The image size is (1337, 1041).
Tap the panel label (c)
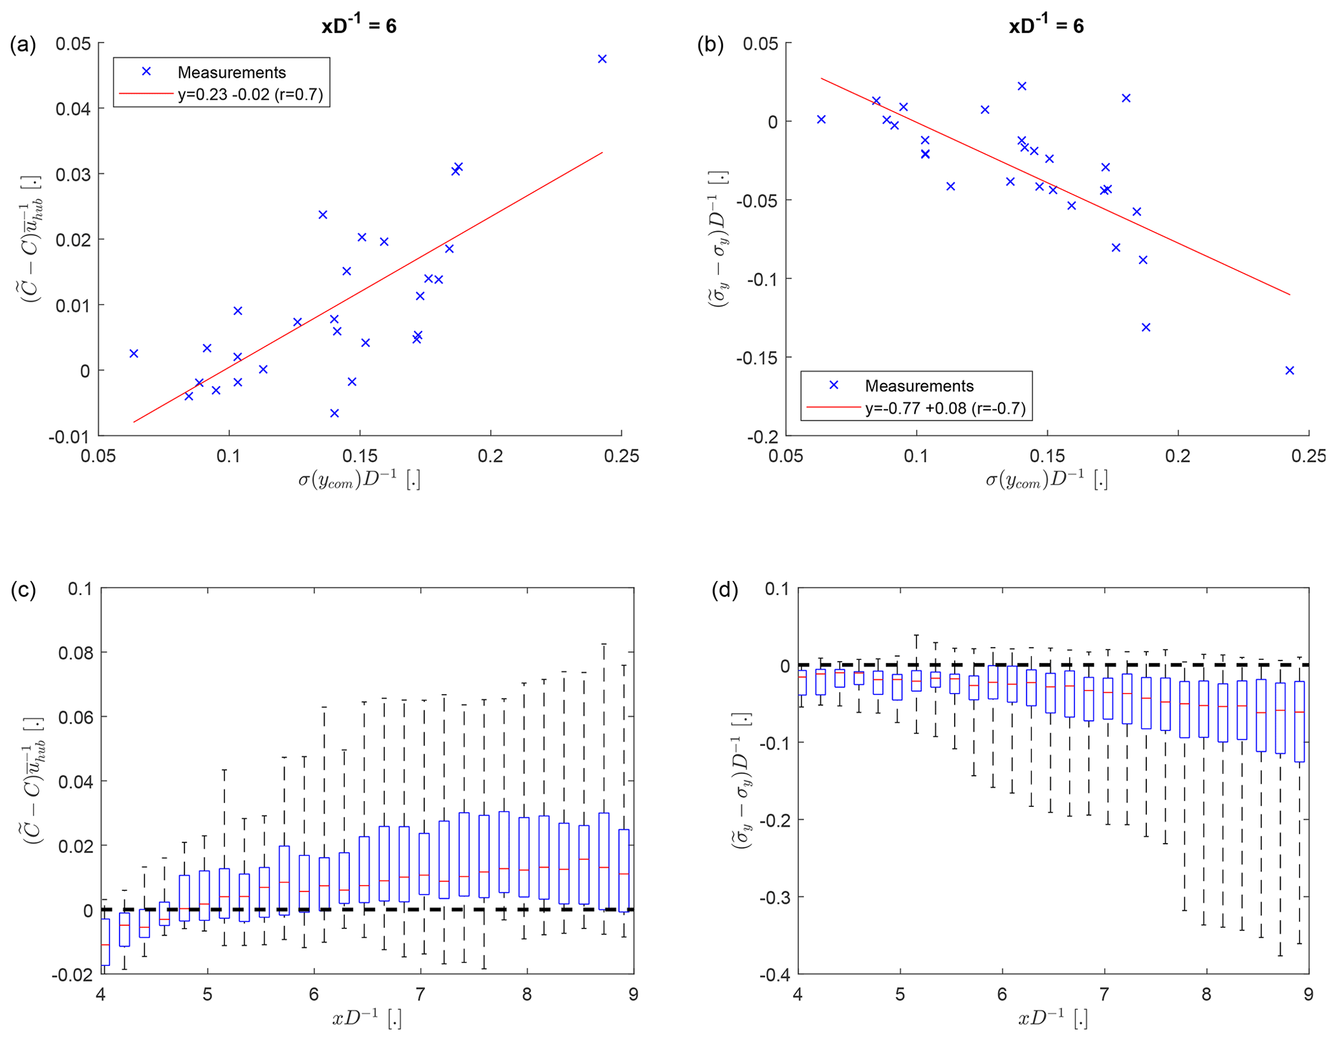point(23,589)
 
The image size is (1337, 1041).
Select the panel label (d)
point(724,589)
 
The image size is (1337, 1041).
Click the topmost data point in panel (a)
point(602,59)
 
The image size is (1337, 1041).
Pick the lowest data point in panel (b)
point(1289,371)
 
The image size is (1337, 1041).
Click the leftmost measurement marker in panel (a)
point(134,353)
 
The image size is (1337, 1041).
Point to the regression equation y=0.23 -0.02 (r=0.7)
point(250,94)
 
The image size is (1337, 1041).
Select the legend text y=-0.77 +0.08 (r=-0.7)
point(945,408)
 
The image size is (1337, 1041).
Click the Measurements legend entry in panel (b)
point(919,386)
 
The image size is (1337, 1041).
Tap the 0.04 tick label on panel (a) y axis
point(73,109)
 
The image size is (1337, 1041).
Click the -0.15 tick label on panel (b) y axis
point(757,358)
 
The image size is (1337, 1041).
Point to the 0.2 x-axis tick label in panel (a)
point(490,456)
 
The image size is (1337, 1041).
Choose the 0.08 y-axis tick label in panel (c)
point(76,653)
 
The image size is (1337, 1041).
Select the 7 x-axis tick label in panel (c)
point(420,994)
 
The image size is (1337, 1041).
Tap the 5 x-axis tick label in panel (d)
point(900,994)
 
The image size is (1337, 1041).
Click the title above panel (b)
point(1046,25)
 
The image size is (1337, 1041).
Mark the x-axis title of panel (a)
point(359,481)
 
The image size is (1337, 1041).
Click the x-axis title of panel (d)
point(1052,1019)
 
